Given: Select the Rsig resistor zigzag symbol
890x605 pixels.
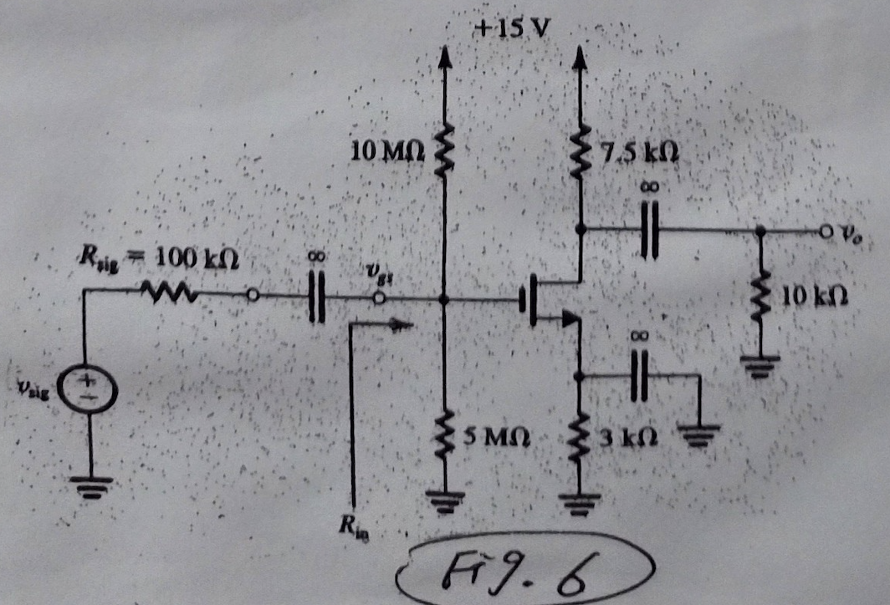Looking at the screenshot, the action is coord(169,292).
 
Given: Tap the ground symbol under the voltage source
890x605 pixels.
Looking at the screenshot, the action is coord(90,486).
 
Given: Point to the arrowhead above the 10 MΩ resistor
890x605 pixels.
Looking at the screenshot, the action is coord(444,56).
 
